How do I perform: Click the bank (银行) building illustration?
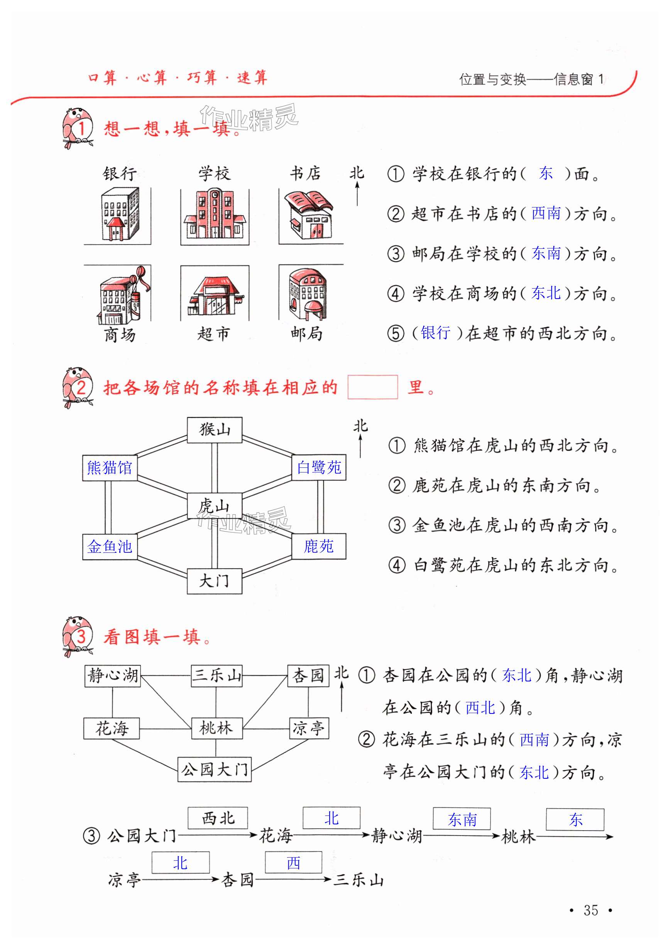[x=120, y=214]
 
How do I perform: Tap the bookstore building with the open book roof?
[x=311, y=215]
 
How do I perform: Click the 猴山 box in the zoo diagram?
[x=215, y=430]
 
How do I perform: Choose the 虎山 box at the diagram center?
[x=215, y=505]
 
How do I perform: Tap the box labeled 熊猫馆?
[x=110, y=468]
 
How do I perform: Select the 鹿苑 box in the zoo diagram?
[x=318, y=546]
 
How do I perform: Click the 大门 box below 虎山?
[x=215, y=581]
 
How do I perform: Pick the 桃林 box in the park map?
[x=217, y=728]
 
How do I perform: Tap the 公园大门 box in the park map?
[x=215, y=769]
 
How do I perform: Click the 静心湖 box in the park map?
[x=113, y=676]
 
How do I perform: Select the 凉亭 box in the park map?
[x=309, y=728]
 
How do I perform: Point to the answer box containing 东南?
[x=462, y=819]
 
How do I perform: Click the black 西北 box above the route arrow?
[x=218, y=818]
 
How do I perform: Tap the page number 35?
[x=591, y=910]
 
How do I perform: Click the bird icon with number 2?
[x=77, y=387]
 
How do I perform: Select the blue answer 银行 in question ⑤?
[x=435, y=333]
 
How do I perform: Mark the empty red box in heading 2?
[x=372, y=387]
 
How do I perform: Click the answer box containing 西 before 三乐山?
[x=293, y=863]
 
